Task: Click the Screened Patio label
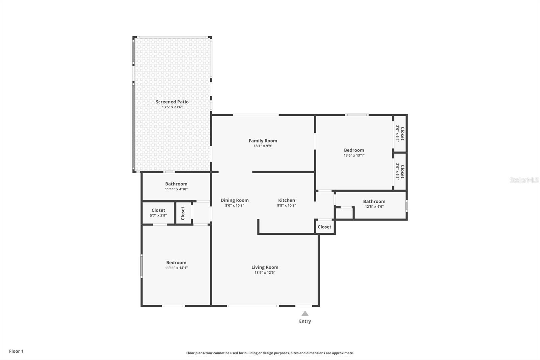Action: (172, 102)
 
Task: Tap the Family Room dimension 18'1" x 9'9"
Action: (263, 146)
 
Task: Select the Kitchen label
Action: (287, 200)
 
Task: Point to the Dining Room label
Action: (235, 200)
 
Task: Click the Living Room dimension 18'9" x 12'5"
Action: (265, 273)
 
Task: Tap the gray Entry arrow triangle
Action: (305, 313)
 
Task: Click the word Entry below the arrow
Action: (305, 322)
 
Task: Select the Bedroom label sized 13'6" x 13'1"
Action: (354, 150)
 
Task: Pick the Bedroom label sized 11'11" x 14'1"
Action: (176, 263)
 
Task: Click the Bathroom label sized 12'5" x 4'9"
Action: (374, 202)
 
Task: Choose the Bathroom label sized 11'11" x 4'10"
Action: (176, 184)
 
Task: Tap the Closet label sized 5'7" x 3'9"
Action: (158, 210)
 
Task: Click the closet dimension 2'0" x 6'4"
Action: (397, 134)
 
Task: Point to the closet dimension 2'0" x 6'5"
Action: (397, 172)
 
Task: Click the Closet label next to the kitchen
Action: (324, 227)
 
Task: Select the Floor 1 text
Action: (17, 351)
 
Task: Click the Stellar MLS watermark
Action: (524, 180)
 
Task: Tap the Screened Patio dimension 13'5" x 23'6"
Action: (172, 107)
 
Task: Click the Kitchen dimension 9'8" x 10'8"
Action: (287, 206)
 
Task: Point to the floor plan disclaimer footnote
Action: (270, 353)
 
